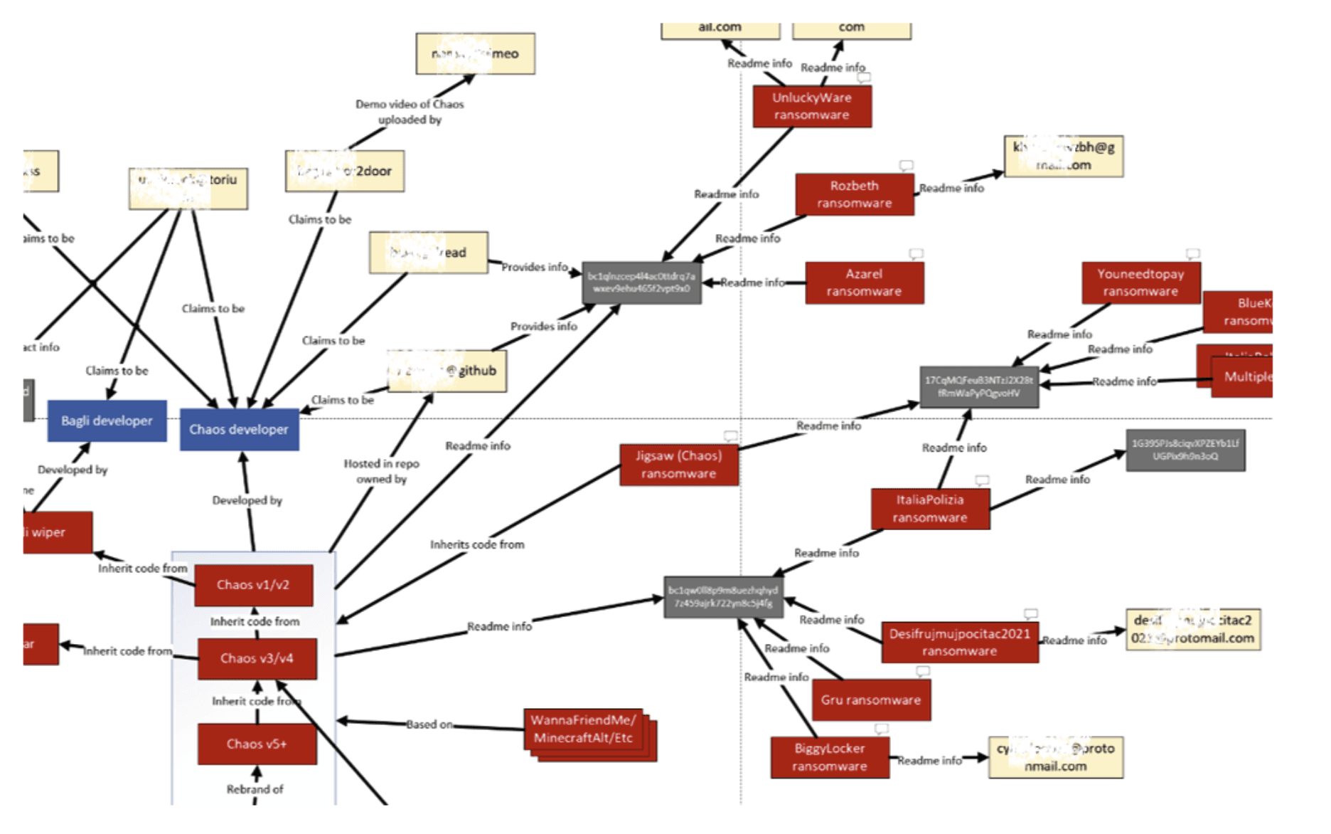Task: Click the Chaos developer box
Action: click(239, 429)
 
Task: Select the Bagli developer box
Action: click(107, 421)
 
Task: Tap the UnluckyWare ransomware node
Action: click(811, 106)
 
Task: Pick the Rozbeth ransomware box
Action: click(854, 194)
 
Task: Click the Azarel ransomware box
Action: click(864, 283)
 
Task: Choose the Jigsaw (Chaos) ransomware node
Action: click(678, 465)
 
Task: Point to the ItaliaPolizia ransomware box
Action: click(930, 509)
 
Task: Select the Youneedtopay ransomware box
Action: click(1140, 283)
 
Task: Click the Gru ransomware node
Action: click(870, 700)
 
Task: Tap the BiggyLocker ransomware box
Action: click(829, 757)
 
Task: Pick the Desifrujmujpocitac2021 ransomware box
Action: click(959, 642)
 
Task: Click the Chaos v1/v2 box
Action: click(253, 585)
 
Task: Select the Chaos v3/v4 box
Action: click(257, 658)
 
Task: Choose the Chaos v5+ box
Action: click(257, 744)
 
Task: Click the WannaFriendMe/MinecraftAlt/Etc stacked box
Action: click(583, 729)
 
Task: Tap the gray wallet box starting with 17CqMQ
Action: click(978, 386)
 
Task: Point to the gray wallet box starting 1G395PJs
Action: click(1185, 450)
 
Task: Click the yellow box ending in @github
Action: click(447, 371)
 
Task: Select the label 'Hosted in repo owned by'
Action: click(382, 471)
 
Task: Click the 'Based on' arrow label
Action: click(429, 724)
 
